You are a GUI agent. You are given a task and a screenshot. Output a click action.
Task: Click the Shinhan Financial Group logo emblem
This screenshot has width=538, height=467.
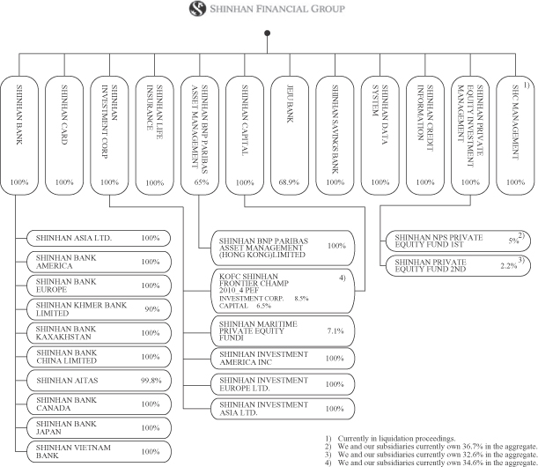[197, 9]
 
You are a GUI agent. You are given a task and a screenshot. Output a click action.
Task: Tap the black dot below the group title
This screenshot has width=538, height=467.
[268, 33]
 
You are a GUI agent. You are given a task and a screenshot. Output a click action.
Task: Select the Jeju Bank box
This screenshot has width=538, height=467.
[290, 136]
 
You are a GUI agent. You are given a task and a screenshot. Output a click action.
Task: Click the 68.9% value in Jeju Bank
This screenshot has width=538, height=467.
[289, 182]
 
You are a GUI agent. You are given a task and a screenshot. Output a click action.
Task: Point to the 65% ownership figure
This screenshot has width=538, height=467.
[202, 182]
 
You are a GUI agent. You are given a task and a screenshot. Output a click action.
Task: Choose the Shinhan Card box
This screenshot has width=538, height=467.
[64, 136]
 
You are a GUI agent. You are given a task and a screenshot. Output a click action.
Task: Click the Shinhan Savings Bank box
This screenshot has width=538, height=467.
[335, 136]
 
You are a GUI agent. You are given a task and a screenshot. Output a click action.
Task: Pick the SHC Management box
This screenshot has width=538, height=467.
[515, 136]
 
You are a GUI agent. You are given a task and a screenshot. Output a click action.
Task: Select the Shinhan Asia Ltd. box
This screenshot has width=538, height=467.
[99, 238]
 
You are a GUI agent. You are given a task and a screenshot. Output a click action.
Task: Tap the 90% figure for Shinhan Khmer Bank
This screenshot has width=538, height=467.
[152, 309]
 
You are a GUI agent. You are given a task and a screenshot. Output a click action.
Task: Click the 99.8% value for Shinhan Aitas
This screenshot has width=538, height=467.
[151, 381]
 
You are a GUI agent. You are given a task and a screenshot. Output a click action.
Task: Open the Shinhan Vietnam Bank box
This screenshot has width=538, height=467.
[99, 451]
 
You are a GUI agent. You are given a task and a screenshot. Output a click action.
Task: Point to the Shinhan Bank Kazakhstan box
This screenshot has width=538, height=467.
[99, 333]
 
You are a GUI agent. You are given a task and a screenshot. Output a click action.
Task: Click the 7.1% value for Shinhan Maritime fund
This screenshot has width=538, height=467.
[335, 331]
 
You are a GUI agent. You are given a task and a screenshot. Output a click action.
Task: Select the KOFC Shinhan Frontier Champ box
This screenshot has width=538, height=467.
[283, 291]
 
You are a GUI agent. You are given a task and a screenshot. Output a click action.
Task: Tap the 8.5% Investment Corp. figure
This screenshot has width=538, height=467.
[301, 299]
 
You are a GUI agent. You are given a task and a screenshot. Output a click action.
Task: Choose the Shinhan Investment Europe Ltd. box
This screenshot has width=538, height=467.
[283, 384]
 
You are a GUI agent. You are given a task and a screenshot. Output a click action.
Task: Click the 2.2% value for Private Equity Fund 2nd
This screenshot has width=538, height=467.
[508, 266]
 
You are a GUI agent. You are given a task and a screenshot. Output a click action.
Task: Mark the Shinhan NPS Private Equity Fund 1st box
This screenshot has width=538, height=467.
[458, 241]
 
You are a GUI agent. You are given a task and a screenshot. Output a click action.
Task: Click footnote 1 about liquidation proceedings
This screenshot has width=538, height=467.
[390, 439]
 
